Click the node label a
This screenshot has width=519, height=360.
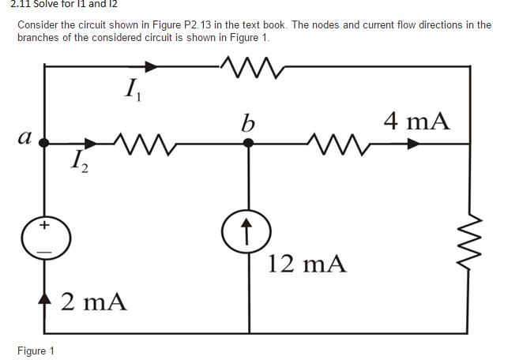[x=24, y=137]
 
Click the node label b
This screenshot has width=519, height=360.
[x=248, y=124]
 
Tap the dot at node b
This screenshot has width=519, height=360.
[x=249, y=144]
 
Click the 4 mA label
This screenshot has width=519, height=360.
[x=416, y=121]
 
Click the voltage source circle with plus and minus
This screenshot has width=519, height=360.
[x=45, y=237]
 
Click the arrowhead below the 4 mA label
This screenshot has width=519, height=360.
[x=413, y=144]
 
